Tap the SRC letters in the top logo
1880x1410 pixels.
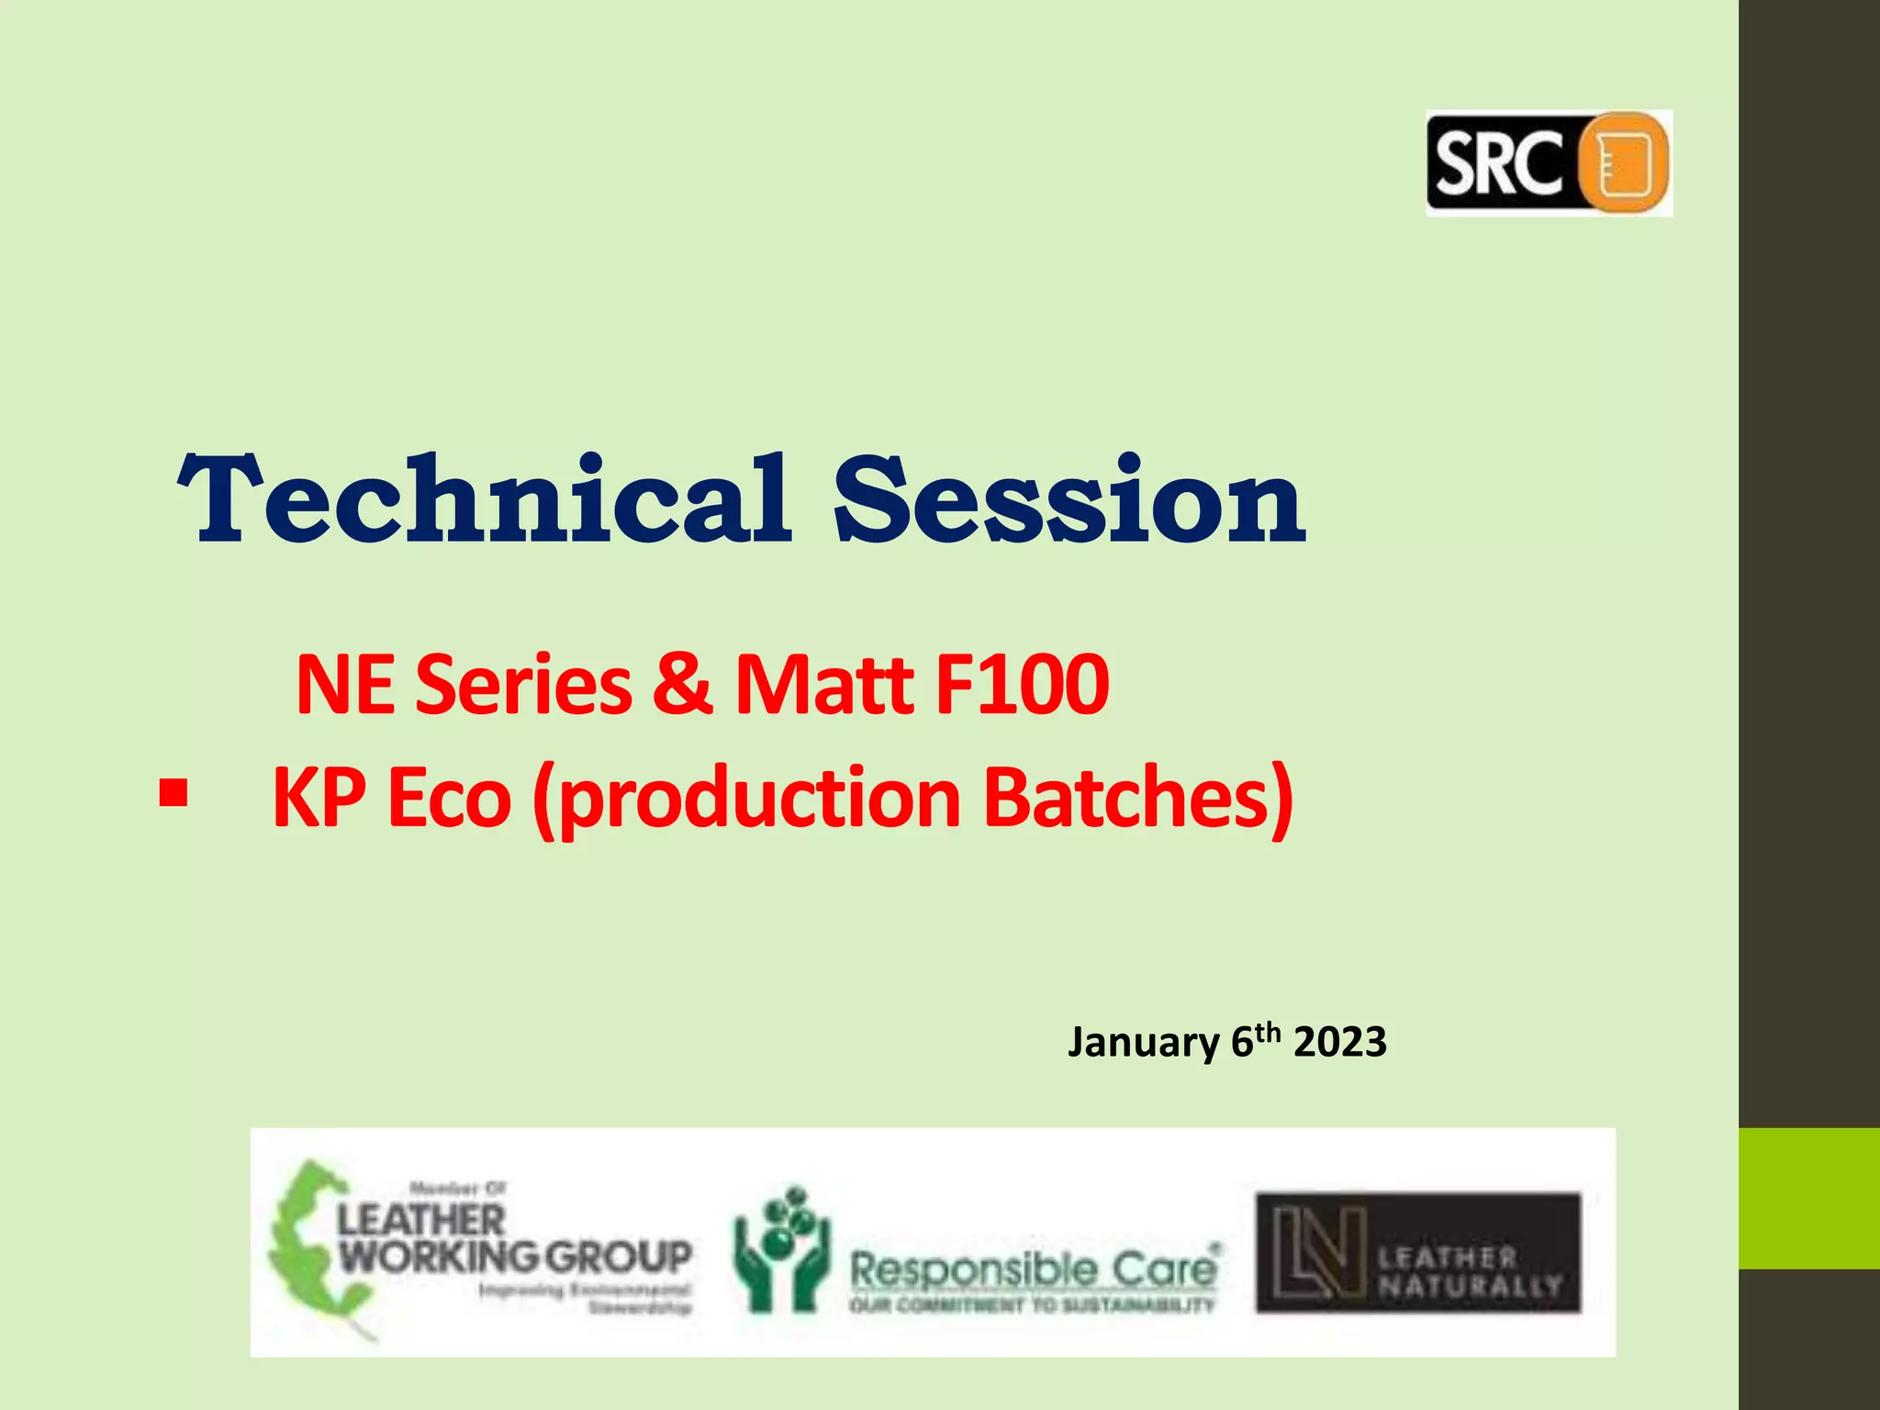pos(1498,163)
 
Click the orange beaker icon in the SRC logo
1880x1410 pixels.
pos(1622,163)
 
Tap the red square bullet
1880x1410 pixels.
pos(173,792)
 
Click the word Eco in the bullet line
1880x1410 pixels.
pos(449,797)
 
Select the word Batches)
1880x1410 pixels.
pos(1138,797)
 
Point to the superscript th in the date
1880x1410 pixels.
pos(1268,1032)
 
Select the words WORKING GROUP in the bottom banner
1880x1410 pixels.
pos(515,1256)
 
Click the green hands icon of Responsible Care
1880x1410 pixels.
pos(780,1250)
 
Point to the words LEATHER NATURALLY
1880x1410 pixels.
pos(1468,1270)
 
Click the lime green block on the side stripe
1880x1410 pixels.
pos(1808,1198)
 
